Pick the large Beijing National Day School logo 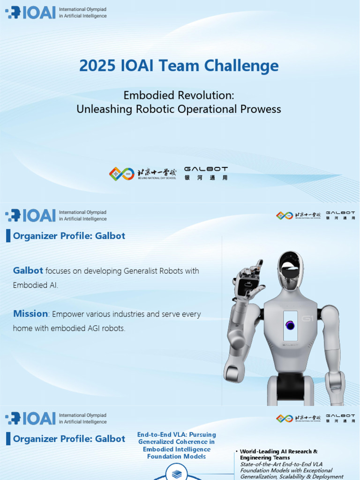pos(142,174)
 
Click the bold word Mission pos(30,314)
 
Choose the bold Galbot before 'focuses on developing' pos(28,270)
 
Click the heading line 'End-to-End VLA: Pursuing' pos(176,435)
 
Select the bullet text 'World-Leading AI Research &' pos(279,451)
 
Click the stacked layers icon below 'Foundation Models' pos(176,474)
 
